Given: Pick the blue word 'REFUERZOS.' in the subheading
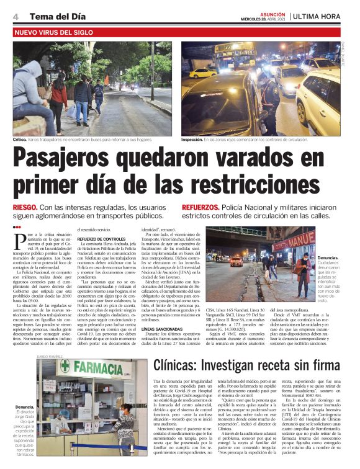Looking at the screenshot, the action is click(x=200, y=207).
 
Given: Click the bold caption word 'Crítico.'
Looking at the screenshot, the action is click(x=20, y=140).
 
